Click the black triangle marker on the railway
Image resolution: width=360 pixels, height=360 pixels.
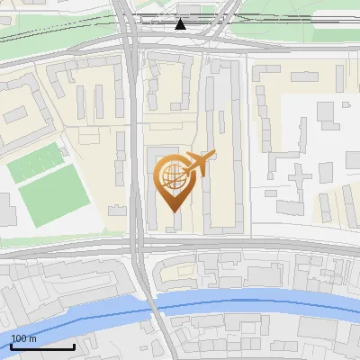click(x=180, y=23)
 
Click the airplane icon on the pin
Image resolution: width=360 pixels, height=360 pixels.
click(x=199, y=164)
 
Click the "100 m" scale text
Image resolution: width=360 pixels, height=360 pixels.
click(x=23, y=338)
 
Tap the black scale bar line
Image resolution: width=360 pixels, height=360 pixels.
click(x=42, y=346)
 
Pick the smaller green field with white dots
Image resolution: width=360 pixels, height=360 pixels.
click(x=36, y=164)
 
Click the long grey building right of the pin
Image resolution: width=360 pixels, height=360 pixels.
click(x=221, y=153)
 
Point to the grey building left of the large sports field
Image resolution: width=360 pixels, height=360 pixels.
click(x=5, y=211)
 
